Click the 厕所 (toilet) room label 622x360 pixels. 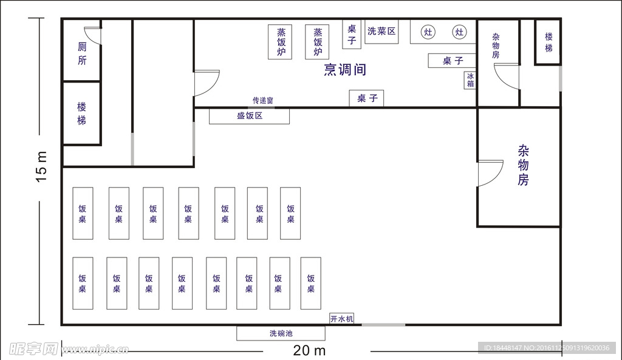tap(82, 53)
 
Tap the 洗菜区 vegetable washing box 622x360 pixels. tap(381, 32)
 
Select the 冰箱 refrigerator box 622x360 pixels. tap(470, 80)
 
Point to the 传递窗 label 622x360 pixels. tap(263, 100)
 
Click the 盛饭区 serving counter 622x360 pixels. tap(249, 116)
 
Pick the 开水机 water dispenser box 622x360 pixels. tap(341, 318)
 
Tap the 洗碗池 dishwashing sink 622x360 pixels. tap(281, 333)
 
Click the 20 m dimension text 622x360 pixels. tap(309, 350)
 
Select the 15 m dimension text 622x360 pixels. tap(41, 166)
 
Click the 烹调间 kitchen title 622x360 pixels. tap(345, 70)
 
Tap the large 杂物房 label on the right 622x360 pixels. tap(523, 165)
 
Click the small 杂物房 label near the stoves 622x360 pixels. tap(496, 46)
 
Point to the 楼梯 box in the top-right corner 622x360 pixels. tap(548, 42)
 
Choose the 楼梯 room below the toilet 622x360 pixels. tap(82, 114)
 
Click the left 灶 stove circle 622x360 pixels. tap(428, 32)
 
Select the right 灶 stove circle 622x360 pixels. tap(459, 32)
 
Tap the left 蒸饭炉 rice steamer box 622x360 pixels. tap(280, 42)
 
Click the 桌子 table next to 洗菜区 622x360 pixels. tap(352, 35)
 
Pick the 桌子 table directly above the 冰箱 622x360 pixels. tap(452, 61)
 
